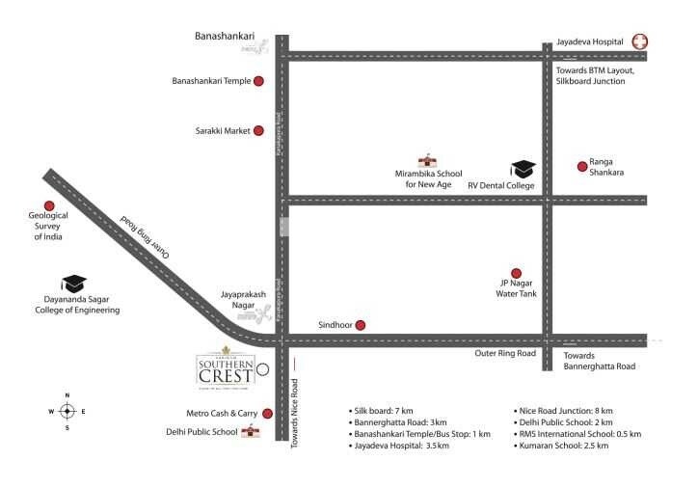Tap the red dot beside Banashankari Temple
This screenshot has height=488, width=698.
click(x=259, y=82)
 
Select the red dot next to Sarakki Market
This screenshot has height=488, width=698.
click(x=259, y=130)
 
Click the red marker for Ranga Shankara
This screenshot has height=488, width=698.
click(x=582, y=166)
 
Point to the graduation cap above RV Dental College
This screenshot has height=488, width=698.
click(x=522, y=169)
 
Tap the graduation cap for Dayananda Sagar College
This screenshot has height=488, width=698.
click(x=74, y=284)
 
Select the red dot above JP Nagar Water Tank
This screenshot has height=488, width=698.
click(x=516, y=273)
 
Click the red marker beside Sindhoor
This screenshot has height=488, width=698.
click(x=361, y=325)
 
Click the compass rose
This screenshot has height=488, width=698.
click(x=67, y=411)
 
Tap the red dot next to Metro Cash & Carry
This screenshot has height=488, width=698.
click(x=266, y=413)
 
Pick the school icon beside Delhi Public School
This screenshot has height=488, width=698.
click(x=253, y=431)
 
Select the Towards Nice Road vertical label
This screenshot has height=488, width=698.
click(x=296, y=398)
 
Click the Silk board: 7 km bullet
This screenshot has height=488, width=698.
click(x=380, y=410)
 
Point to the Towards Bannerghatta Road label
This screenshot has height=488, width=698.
click(x=600, y=361)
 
